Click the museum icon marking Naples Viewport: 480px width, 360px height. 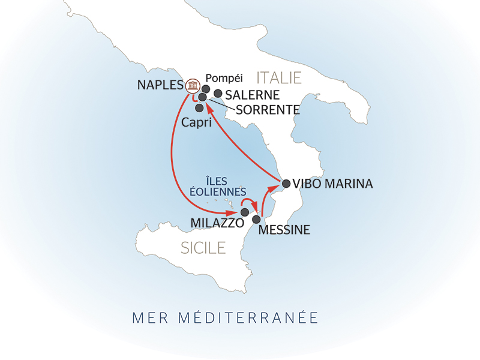[x=192, y=86]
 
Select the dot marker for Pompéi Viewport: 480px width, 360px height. [x=206, y=89]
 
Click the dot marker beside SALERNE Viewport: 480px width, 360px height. [x=218, y=94]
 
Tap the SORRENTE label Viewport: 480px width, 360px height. [x=268, y=110]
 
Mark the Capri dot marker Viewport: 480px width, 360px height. [x=199, y=108]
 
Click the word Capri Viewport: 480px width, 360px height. [x=196, y=122]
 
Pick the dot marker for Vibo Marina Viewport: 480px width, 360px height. [x=286, y=184]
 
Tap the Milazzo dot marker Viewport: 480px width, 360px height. [x=244, y=212]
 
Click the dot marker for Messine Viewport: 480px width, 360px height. [x=256, y=219]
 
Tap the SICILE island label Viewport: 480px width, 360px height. [x=203, y=247]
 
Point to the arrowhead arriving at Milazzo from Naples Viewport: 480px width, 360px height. [x=233, y=213]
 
